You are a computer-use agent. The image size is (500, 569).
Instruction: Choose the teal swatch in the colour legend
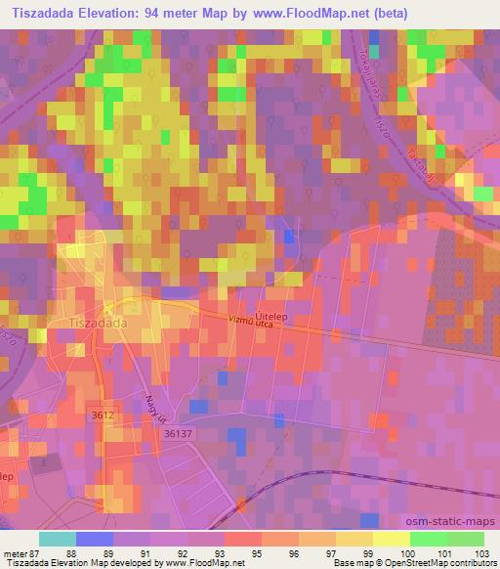pos(58,538)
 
